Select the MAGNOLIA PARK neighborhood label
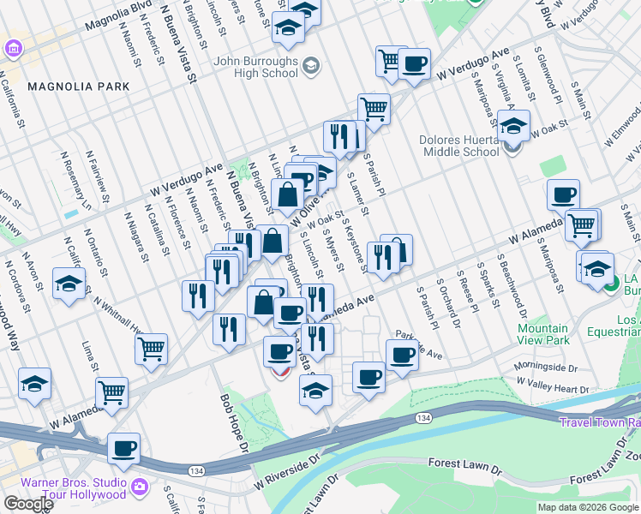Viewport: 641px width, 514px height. pyautogui.click(x=78, y=87)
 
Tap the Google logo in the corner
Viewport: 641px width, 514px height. pyautogui.click(x=28, y=504)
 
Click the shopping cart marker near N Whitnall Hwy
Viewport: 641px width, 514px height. pyautogui.click(x=151, y=349)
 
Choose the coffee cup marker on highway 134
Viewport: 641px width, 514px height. pyautogui.click(x=123, y=448)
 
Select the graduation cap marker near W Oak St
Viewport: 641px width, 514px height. pyautogui.click(x=513, y=126)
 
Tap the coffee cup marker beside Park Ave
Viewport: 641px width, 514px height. pyautogui.click(x=402, y=355)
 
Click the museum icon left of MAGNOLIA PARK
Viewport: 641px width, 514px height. pyautogui.click(x=15, y=50)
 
